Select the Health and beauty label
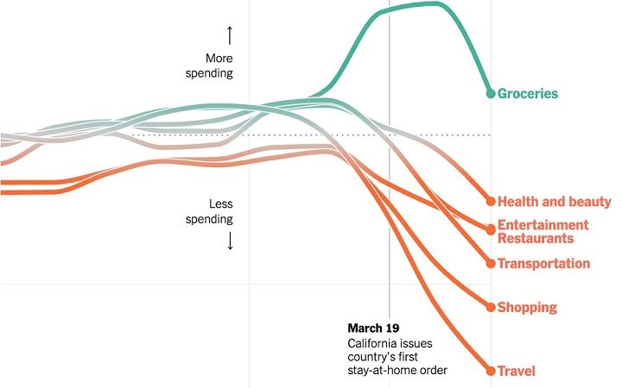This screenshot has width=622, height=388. (554, 202)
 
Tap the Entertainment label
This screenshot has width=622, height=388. (543, 225)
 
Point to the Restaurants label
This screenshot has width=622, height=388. (536, 238)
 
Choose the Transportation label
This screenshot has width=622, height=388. (543, 263)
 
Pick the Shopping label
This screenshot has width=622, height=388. (527, 307)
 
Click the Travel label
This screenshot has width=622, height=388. (517, 371)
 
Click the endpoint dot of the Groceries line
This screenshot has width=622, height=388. (490, 93)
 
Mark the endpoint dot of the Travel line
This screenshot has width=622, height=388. (490, 371)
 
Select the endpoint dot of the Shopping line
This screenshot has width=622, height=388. (490, 307)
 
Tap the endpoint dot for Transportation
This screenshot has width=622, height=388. (490, 263)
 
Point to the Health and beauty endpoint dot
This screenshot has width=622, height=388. (490, 202)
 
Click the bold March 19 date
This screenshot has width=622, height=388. (373, 328)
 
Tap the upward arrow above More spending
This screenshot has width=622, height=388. (230, 35)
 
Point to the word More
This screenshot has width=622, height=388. (219, 59)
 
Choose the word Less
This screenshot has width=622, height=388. (221, 204)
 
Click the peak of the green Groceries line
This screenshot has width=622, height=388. (432, 3)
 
